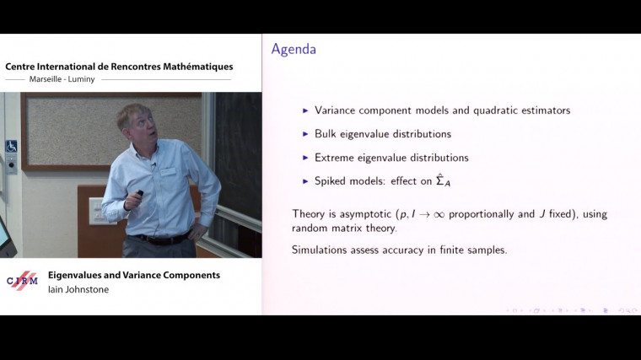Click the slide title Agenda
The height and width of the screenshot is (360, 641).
(x=294, y=49)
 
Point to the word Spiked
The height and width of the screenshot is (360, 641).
(x=332, y=181)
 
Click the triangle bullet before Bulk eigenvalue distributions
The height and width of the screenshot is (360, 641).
(x=305, y=134)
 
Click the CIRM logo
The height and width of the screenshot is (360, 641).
(x=22, y=282)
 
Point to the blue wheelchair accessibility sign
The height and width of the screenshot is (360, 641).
(x=11, y=146)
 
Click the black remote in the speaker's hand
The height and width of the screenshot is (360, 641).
(x=140, y=195)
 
